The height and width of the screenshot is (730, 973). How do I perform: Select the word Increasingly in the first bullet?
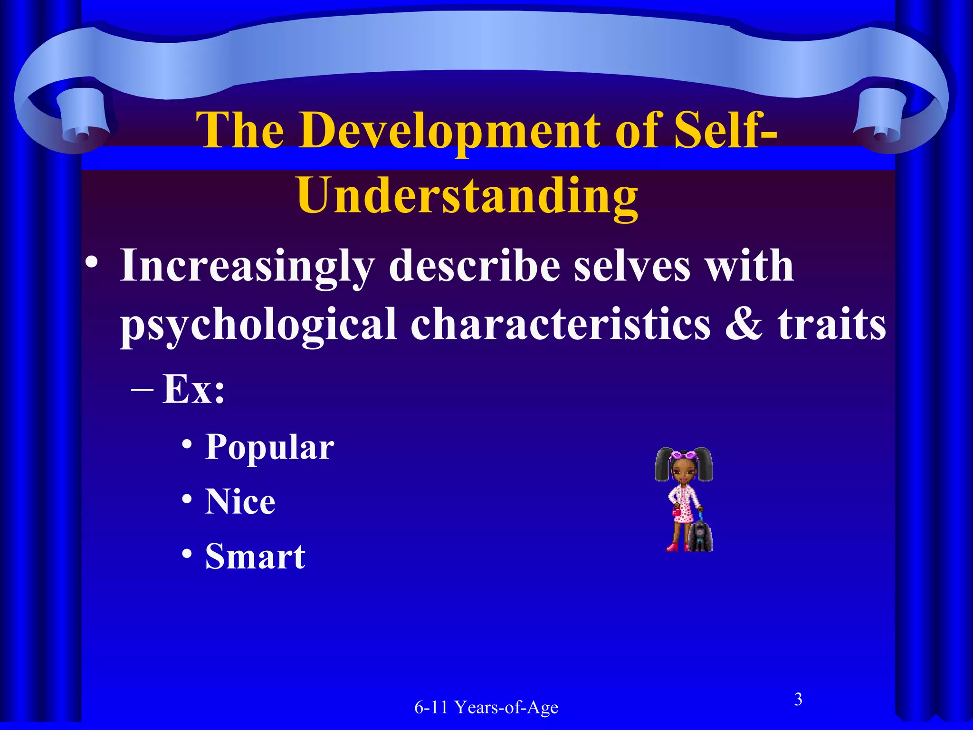247,266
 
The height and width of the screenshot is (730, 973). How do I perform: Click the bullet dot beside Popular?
187,445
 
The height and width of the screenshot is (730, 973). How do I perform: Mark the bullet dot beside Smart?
187,554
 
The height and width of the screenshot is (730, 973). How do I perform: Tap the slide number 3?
798,699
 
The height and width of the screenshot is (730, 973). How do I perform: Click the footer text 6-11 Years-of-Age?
486,708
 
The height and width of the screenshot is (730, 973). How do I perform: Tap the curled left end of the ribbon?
76,119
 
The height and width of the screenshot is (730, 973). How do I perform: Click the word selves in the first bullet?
632,266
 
